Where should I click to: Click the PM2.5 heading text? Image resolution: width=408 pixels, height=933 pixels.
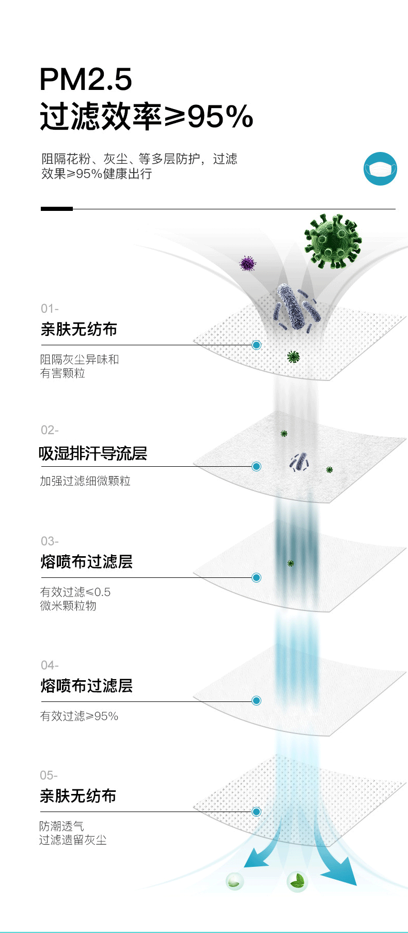pyautogui.click(x=86, y=80)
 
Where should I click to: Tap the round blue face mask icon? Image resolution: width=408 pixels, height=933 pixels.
pyautogui.click(x=380, y=169)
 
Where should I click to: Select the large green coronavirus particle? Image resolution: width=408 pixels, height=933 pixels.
pyautogui.click(x=333, y=241)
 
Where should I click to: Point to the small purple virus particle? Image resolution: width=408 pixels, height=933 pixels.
pyautogui.click(x=248, y=264)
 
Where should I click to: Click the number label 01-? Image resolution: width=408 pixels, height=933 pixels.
pyautogui.click(x=50, y=309)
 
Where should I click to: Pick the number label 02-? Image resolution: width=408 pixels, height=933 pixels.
pyautogui.click(x=50, y=430)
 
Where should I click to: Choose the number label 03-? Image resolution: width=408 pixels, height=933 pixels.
pyautogui.click(x=50, y=541)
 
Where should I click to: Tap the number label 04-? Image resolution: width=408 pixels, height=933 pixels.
pyautogui.click(x=50, y=665)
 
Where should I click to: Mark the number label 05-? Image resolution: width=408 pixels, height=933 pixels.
pyautogui.click(x=49, y=775)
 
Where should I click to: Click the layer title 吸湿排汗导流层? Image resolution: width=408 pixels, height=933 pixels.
pyautogui.click(x=93, y=453)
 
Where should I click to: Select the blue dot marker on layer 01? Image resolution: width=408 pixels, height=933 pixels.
pyautogui.click(x=256, y=345)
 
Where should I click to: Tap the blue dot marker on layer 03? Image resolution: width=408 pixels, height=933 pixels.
pyautogui.click(x=256, y=577)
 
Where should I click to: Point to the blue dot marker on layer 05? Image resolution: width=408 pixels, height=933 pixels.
pyautogui.click(x=256, y=812)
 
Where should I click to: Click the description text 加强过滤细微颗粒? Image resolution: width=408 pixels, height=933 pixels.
pyautogui.click(x=85, y=481)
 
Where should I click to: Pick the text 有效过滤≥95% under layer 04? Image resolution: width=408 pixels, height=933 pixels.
pyautogui.click(x=79, y=716)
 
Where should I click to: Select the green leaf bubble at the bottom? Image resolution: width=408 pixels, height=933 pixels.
pyautogui.click(x=297, y=881)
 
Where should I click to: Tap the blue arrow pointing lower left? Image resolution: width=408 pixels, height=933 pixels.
pyautogui.click(x=258, y=858)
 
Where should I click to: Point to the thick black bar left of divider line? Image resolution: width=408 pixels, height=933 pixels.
pyautogui.click(x=57, y=209)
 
